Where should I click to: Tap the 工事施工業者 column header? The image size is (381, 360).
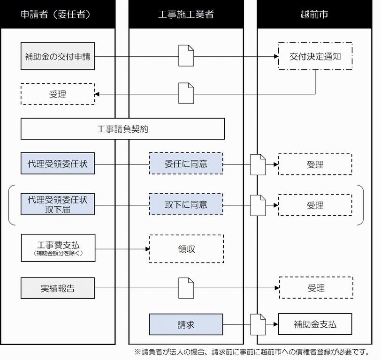coord(186,14)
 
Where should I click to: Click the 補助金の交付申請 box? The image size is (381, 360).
coord(58,56)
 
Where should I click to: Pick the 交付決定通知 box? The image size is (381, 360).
coord(314,56)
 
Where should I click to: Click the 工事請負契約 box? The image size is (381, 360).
coord(122,128)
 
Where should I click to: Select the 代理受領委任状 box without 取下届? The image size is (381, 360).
coord(58,164)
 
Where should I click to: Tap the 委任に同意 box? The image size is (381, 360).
coord(186,164)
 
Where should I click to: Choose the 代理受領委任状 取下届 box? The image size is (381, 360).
coord(58,204)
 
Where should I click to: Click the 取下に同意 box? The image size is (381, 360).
coord(186,204)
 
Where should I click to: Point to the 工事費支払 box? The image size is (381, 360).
coord(58,248)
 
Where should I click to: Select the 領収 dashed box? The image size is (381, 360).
coord(186,249)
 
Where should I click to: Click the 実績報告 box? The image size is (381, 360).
coord(58,288)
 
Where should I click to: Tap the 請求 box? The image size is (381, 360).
coord(186,324)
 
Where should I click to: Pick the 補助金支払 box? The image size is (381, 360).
coord(314,324)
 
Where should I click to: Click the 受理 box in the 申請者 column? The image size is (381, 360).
coord(58,94)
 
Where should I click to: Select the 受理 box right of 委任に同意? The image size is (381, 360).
coord(314,164)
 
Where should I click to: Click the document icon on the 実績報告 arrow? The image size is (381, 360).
coord(186,288)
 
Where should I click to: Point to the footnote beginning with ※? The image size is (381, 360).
coord(251,352)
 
